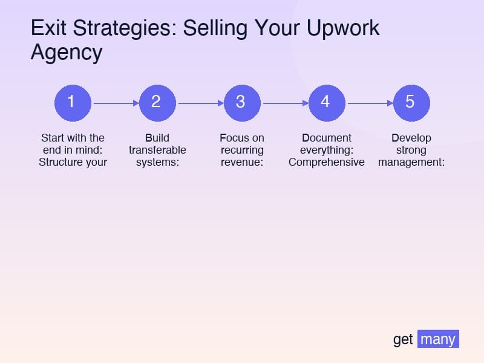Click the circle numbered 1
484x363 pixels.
[73, 102]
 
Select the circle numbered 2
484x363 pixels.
[157, 102]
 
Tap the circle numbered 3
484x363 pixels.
[242, 102]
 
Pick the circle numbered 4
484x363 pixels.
[327, 102]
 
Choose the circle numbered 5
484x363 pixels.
[411, 102]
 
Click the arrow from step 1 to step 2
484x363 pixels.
[115, 103]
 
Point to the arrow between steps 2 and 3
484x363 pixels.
[200, 103]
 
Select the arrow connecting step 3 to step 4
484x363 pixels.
[284, 103]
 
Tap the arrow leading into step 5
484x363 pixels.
[369, 103]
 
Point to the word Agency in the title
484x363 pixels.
[67, 53]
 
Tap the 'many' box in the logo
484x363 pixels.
[438, 339]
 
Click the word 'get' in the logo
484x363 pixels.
[403, 339]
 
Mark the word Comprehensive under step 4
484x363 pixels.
[327, 162]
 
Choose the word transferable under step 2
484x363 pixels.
[157, 150]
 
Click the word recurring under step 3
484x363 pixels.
[242, 150]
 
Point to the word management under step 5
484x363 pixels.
[410, 162]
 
